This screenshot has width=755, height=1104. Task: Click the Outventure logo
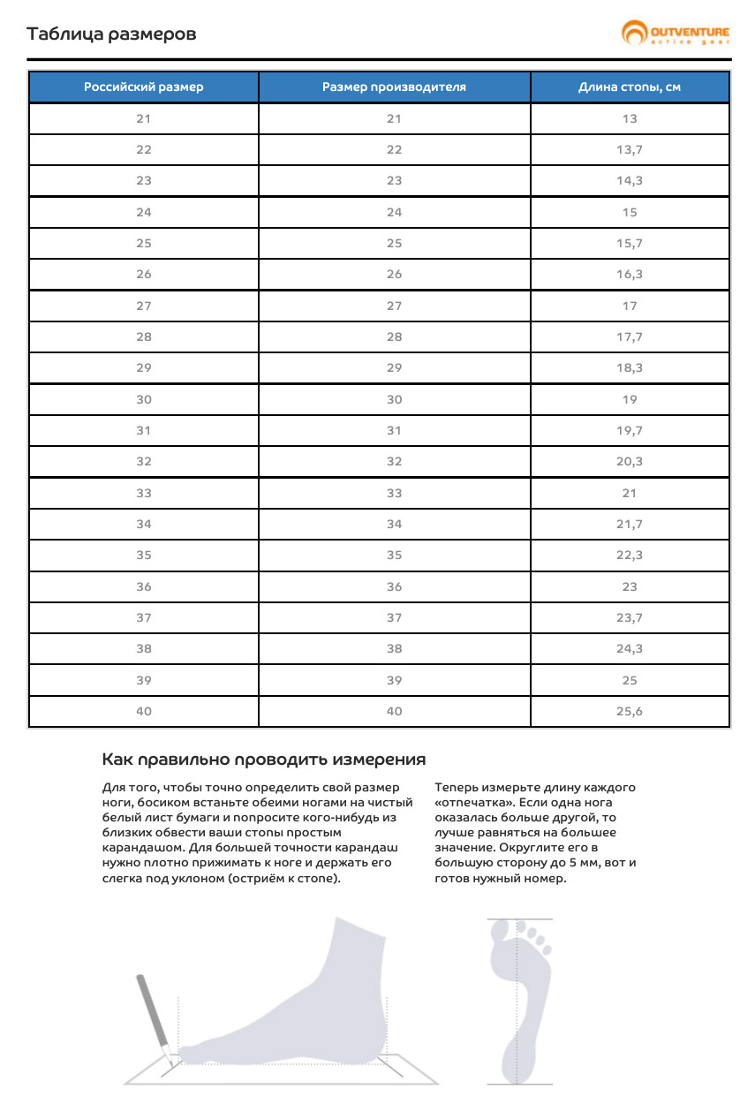(x=676, y=34)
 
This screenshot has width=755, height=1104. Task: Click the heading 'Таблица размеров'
(x=111, y=34)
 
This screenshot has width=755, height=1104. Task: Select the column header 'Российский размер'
(x=144, y=87)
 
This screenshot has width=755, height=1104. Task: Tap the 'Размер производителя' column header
(x=394, y=87)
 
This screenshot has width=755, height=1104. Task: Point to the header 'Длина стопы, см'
(x=630, y=87)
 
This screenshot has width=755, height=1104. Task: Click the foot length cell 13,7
(x=630, y=149)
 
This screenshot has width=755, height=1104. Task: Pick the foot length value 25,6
(x=630, y=711)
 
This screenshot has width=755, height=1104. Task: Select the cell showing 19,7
(x=630, y=430)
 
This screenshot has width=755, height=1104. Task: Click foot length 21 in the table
(x=630, y=493)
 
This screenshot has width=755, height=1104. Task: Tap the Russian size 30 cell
(x=144, y=399)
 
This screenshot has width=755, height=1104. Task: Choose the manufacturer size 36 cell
(x=394, y=586)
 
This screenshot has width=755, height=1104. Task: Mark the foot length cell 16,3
(x=630, y=274)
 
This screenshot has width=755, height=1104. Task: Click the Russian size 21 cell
(x=144, y=118)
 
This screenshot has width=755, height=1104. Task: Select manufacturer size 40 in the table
(x=394, y=711)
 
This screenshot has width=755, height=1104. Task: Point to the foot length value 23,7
(x=630, y=617)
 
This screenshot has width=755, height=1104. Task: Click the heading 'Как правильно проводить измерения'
(x=264, y=760)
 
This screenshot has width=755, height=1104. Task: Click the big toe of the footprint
(x=502, y=930)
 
